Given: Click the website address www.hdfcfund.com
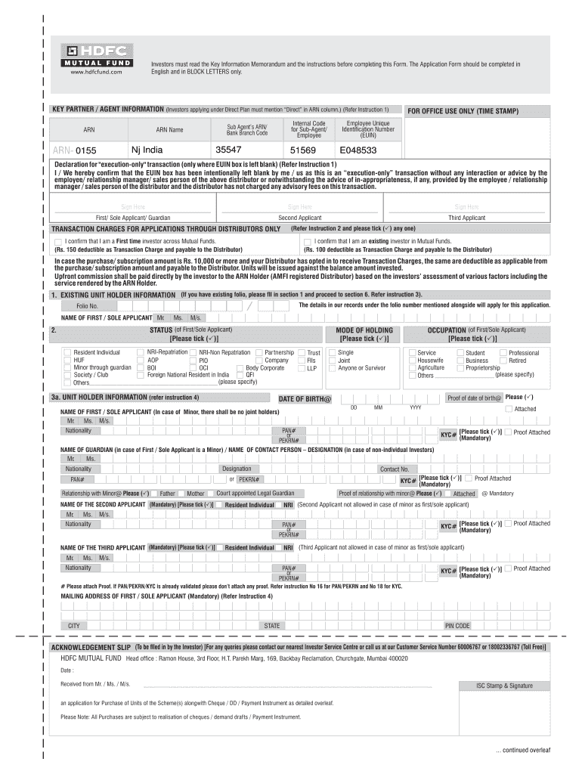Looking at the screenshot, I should tap(96, 73).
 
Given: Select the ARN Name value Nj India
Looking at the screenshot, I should tap(147, 150).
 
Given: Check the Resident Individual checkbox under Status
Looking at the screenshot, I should tap(67, 353).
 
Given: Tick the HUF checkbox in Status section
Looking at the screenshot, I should tap(67, 361).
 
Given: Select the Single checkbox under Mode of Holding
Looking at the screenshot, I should tap(332, 353).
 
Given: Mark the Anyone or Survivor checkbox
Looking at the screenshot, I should tap(332, 368).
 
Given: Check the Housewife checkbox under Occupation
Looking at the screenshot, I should tap(412, 361).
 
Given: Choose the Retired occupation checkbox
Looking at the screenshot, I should tap(503, 361).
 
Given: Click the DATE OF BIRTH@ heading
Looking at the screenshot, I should tap(305, 398).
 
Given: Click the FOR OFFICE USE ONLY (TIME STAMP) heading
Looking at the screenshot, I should tap(463, 111).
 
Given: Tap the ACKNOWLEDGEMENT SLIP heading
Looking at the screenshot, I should tap(91, 648).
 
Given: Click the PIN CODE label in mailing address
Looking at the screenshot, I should tap(457, 626).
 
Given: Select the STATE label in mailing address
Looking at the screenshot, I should tap(271, 626).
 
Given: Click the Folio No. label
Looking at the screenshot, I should tap(87, 306).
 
